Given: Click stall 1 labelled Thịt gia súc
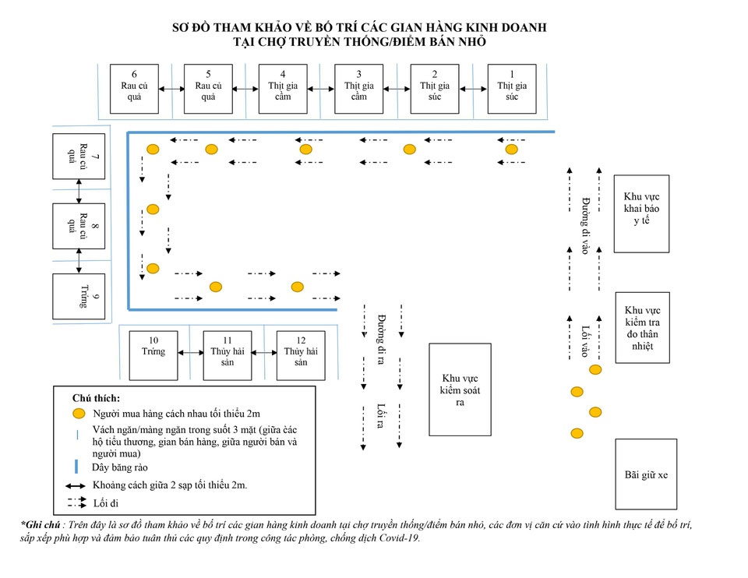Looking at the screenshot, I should tap(511, 89).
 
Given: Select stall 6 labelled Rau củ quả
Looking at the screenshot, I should tap(134, 89).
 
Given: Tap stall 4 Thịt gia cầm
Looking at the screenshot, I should tap(282, 89).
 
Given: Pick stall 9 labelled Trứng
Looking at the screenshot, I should tap(79, 296).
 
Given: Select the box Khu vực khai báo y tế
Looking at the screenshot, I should tap(641, 213).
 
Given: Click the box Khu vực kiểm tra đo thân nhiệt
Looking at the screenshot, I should tap(642, 327).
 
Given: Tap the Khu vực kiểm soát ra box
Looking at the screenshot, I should tap(460, 389).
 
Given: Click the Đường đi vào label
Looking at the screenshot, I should tap(584, 226).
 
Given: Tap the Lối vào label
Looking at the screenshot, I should tap(584, 341).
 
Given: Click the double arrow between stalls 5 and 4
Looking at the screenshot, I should tap(245, 89).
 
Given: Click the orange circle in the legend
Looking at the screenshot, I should tap(78, 413).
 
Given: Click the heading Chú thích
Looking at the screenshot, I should tap(96, 398).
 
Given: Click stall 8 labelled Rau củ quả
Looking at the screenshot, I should tap(79, 226).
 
